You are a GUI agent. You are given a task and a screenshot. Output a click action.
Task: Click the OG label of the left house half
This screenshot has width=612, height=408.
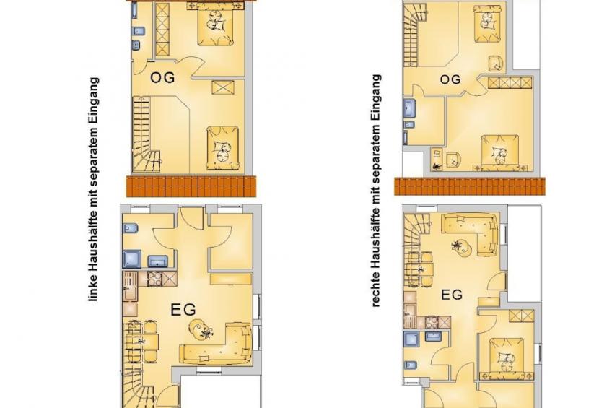(162, 77)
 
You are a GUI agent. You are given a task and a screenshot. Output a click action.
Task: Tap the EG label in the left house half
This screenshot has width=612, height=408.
(183, 310)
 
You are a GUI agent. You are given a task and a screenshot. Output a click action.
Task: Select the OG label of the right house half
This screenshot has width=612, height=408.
(450, 79)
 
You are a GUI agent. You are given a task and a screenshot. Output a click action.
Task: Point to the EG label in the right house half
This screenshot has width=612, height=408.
(452, 295)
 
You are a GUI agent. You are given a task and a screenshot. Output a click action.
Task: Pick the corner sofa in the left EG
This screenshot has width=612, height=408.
(216, 344)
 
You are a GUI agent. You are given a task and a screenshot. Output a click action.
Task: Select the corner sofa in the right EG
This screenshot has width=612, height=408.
(470, 233)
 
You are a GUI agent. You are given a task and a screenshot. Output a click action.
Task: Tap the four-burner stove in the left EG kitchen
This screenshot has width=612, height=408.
(154, 279)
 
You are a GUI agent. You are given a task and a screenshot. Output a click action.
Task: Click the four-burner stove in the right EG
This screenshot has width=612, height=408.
(432, 322)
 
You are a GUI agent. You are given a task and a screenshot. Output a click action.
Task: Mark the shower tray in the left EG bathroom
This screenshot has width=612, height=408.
(132, 259)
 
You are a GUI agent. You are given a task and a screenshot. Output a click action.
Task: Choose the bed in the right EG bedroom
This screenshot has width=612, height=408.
(507, 358)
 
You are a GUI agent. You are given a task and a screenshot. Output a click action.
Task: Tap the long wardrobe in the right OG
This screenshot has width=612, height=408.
(510, 83)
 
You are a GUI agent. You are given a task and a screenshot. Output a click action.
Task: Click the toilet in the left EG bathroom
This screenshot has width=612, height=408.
(130, 228)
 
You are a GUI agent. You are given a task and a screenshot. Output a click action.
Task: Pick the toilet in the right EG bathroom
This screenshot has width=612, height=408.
(410, 365)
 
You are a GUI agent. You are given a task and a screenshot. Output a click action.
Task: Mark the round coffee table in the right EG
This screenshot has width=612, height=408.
(462, 248)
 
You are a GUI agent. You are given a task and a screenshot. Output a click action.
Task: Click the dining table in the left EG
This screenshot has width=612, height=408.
(145, 342)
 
